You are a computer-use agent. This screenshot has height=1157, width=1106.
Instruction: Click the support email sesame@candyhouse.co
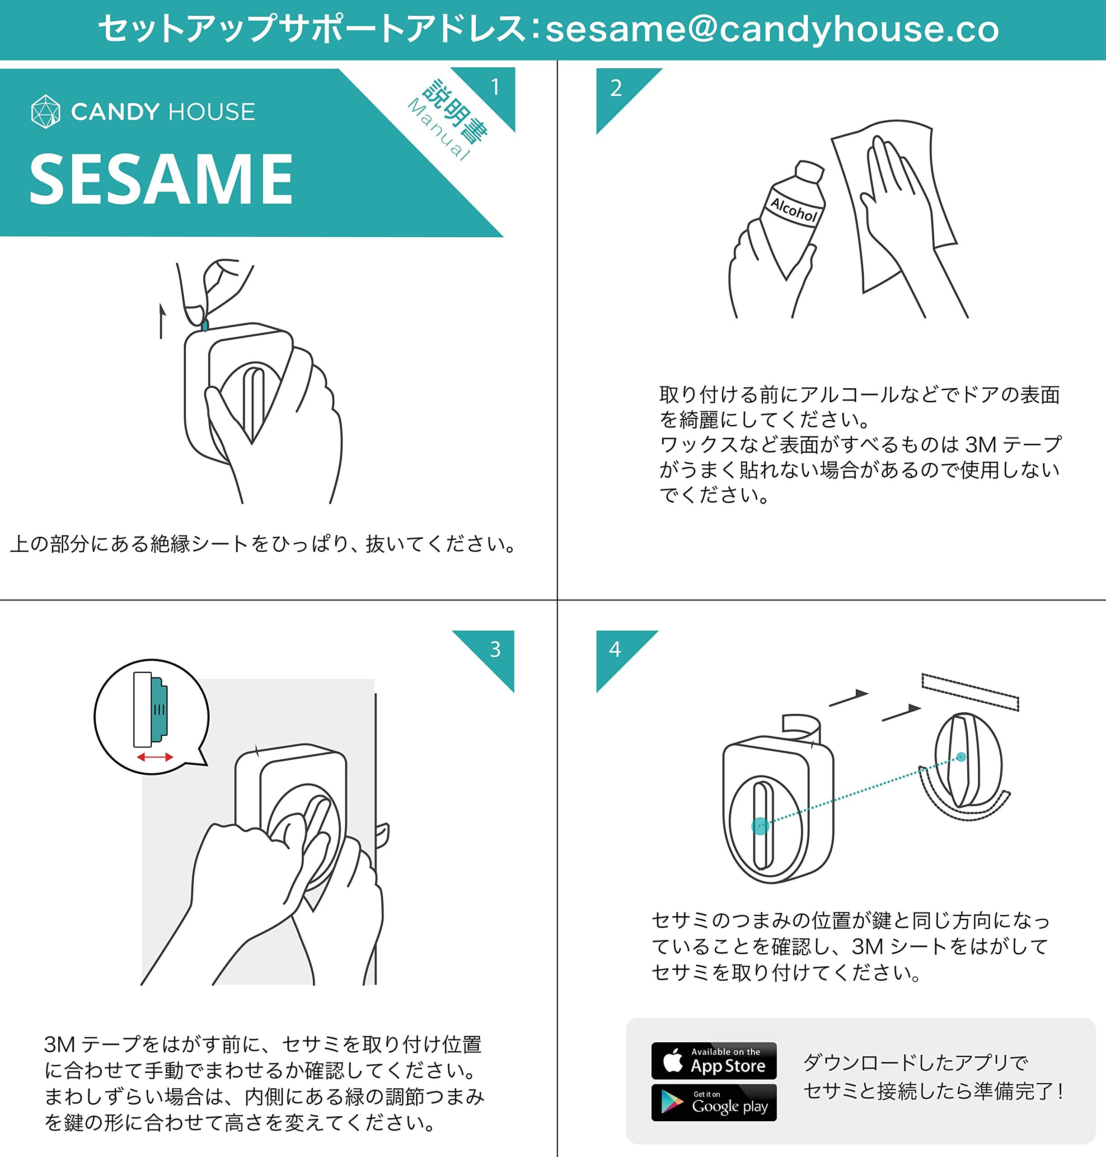click(x=772, y=29)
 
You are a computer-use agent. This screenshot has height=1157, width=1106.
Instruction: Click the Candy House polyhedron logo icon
click(x=45, y=112)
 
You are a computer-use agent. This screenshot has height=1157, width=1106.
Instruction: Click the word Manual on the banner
click(x=440, y=130)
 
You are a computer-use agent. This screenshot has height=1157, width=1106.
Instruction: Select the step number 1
click(x=495, y=87)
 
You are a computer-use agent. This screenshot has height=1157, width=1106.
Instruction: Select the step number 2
click(x=616, y=89)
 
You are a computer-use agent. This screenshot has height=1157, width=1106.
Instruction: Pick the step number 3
click(x=495, y=649)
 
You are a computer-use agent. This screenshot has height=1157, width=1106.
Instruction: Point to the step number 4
click(x=615, y=649)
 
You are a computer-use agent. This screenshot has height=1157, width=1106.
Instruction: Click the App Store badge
click(x=714, y=1061)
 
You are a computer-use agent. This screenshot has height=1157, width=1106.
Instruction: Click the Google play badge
click(x=714, y=1102)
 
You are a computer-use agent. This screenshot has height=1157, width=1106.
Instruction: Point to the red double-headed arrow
click(x=155, y=757)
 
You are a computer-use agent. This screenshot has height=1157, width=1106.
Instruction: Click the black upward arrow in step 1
click(x=162, y=321)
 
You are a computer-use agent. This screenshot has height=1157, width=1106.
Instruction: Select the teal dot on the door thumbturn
click(x=961, y=757)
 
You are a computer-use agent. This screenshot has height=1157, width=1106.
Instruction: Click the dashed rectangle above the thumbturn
click(x=970, y=692)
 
